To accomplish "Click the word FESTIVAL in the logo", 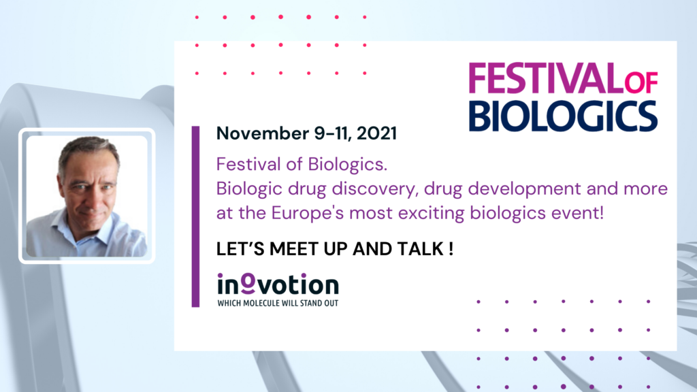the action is click(x=547, y=78).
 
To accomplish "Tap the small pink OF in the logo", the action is click(x=641, y=82).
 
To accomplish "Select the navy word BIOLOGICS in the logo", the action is click(x=563, y=116).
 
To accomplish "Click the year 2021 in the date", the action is click(x=376, y=133).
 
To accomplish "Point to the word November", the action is click(x=262, y=133).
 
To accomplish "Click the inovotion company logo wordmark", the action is click(x=278, y=284).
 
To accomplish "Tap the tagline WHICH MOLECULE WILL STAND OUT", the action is click(x=278, y=303).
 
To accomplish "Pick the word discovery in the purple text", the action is click(x=376, y=189).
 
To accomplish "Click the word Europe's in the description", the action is click(x=307, y=213).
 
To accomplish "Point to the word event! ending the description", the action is click(x=577, y=213).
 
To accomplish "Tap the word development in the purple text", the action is click(x=524, y=189).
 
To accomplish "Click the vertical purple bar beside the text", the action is click(x=195, y=216).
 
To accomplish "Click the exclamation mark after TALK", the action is click(x=451, y=249).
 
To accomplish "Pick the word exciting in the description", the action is click(x=431, y=213).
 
